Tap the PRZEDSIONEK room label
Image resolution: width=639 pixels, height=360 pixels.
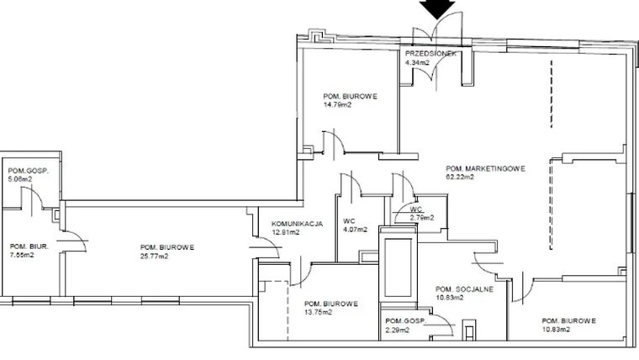click(x=430, y=54)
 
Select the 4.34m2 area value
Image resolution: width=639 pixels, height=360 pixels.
click(x=418, y=62)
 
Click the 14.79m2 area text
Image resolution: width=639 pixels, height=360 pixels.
click(x=338, y=105)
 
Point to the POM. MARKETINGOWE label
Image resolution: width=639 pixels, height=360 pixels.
click(x=486, y=169)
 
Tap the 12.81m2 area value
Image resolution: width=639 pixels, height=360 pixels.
click(x=286, y=232)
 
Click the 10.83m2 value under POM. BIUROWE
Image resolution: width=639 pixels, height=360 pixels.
click(x=556, y=330)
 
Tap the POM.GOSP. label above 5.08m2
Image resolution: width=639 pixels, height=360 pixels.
click(x=24, y=171)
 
